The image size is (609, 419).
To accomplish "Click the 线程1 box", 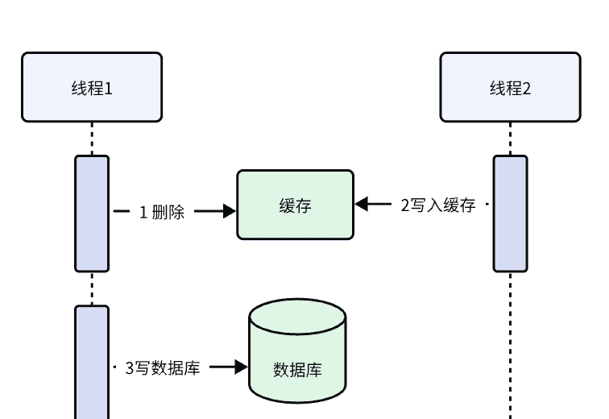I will (x=92, y=87).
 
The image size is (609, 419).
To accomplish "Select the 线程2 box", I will (x=510, y=87).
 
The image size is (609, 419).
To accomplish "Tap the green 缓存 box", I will (x=295, y=205).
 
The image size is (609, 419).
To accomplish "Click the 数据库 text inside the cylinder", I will (x=297, y=371).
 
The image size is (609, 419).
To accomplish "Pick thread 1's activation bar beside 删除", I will (x=92, y=213).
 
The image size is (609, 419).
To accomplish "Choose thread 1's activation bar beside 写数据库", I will (x=92, y=363).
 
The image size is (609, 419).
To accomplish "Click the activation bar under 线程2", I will (x=510, y=213).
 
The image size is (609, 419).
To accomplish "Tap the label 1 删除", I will (x=162, y=213).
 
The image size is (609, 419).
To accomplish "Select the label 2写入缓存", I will (x=438, y=205).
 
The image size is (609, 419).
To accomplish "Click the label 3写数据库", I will (x=163, y=367).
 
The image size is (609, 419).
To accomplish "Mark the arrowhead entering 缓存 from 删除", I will (x=230, y=212).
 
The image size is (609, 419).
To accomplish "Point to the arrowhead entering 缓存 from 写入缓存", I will (x=362, y=205).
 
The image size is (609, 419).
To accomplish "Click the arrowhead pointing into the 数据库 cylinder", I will (x=241, y=367).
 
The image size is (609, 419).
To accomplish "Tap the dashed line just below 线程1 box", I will (x=92, y=139).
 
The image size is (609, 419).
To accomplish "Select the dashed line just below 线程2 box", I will (x=510, y=139).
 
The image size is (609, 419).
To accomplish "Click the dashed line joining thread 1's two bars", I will (x=92, y=288).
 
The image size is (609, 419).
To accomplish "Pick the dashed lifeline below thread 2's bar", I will (x=510, y=346).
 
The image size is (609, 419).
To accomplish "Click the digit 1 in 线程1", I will (x=108, y=88).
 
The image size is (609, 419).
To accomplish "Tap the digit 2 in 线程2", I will (x=527, y=88).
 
